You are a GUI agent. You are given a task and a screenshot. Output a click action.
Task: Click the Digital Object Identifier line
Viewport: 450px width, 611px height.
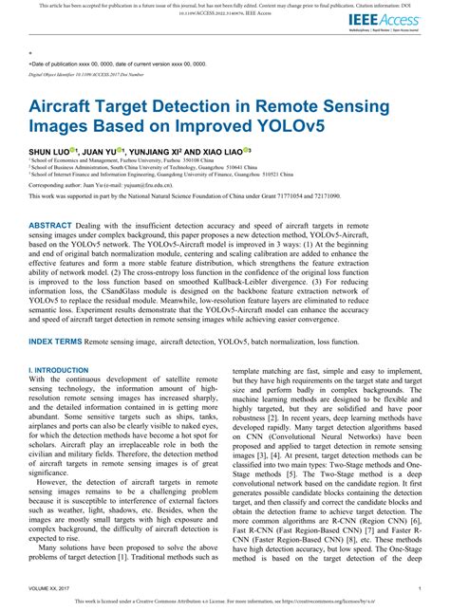(x=86, y=73)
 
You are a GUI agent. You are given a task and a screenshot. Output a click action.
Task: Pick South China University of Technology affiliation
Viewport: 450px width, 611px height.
(x=151, y=167)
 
